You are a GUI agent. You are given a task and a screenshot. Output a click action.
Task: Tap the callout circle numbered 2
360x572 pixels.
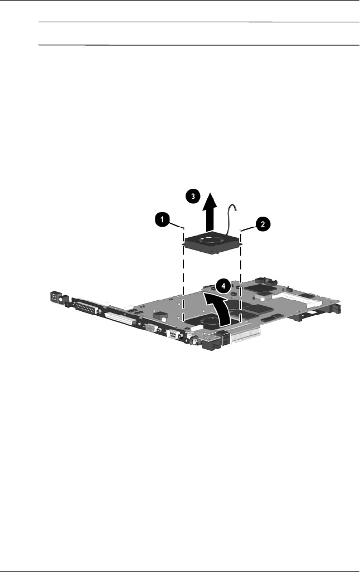262,224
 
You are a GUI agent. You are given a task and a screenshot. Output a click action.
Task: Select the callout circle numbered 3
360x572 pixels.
193,196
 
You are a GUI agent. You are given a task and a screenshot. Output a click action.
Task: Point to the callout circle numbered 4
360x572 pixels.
223,286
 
